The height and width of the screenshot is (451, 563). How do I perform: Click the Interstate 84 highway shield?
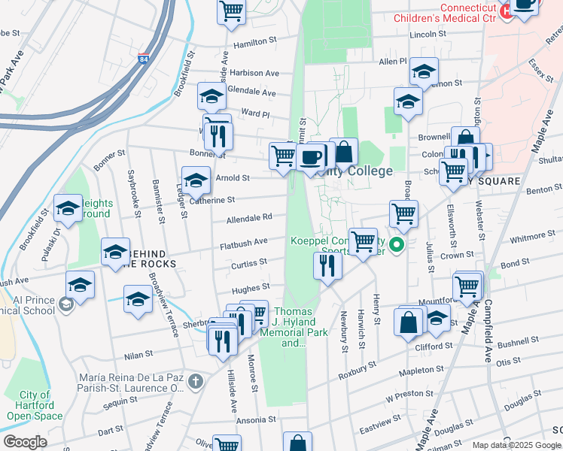coord(144,61)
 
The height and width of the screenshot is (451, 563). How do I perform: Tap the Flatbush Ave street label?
coord(244,243)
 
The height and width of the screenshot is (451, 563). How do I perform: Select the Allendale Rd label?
coord(249,218)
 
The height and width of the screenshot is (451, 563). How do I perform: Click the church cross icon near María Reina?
coord(195,381)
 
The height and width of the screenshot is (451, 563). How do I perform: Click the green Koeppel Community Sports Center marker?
coord(399,244)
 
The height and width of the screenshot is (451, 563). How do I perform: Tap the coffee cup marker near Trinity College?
coord(310,159)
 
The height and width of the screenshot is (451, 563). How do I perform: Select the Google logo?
coord(25,442)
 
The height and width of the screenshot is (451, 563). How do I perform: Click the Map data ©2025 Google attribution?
coord(516,445)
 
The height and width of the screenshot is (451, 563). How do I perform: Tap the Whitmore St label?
coord(531,237)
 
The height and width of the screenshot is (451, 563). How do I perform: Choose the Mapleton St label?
coord(421,370)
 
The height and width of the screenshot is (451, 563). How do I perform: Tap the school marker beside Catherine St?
coord(196,182)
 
